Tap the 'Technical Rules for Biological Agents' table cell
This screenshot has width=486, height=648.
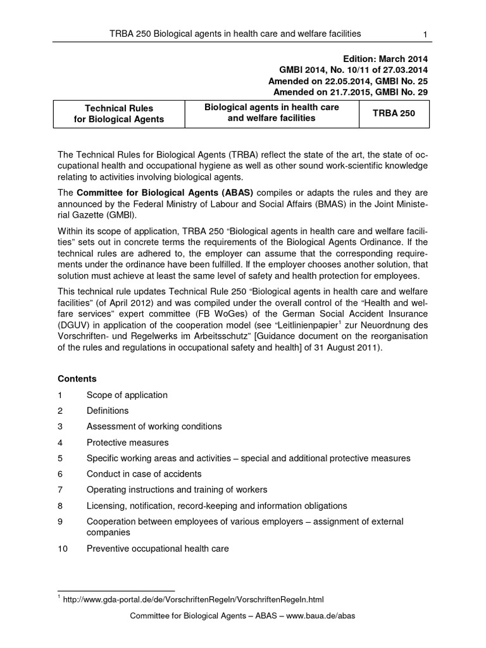pyautogui.click(x=120, y=114)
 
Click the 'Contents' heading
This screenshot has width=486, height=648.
pyautogui.click(x=77, y=379)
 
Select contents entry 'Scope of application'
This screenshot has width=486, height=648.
pyautogui.click(x=127, y=395)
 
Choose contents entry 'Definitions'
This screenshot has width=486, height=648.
pyautogui.click(x=108, y=411)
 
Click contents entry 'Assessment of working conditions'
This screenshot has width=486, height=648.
pyautogui.click(x=154, y=427)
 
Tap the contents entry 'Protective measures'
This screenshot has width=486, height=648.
pyautogui.click(x=128, y=442)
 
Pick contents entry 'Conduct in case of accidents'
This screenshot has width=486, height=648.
pyautogui.click(x=144, y=474)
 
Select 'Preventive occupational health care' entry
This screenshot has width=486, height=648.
pyautogui.click(x=158, y=549)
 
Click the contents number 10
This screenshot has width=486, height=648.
pyautogui.click(x=62, y=549)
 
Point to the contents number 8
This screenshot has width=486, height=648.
pyautogui.click(x=59, y=506)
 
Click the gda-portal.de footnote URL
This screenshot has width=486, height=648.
pyautogui.click(x=193, y=599)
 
